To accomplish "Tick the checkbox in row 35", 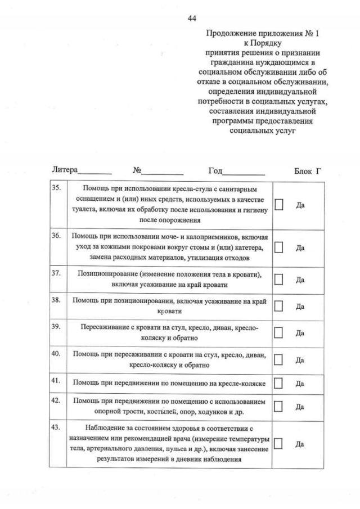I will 278,205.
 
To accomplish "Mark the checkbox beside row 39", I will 278,333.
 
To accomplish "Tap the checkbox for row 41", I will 278,384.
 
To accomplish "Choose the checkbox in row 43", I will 278,443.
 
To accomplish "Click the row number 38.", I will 56,300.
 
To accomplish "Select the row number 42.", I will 56,400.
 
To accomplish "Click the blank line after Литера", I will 95,173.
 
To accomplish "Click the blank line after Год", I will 244,173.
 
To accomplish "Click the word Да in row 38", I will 300,307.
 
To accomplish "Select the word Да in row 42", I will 300,407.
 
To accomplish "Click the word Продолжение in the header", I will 230,34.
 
